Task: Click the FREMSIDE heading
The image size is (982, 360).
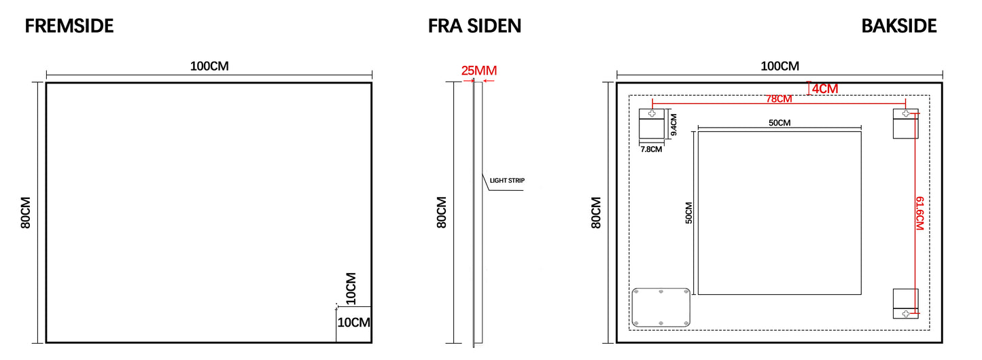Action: [69, 26]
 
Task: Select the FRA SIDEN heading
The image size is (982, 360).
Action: [474, 26]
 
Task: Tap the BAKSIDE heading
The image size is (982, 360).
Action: [898, 26]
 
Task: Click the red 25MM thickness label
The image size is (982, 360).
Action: [479, 70]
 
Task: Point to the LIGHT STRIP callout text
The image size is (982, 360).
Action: [507, 181]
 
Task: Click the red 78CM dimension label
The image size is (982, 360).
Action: [779, 99]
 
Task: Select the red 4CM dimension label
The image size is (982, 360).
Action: [825, 88]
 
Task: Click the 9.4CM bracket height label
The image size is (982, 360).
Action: [673, 125]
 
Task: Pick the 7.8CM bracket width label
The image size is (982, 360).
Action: [650, 149]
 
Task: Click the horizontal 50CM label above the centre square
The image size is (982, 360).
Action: [779, 123]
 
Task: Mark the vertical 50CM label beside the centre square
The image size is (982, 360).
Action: [688, 213]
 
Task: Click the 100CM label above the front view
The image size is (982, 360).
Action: [209, 66]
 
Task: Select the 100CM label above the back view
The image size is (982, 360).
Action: [779, 66]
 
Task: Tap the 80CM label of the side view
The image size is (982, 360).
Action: [442, 213]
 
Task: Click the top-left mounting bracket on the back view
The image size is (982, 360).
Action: [652, 124]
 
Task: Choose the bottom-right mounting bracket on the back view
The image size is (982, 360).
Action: [905, 304]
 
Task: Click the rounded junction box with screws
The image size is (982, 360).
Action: [661, 307]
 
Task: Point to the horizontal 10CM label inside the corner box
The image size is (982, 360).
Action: [353, 323]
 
